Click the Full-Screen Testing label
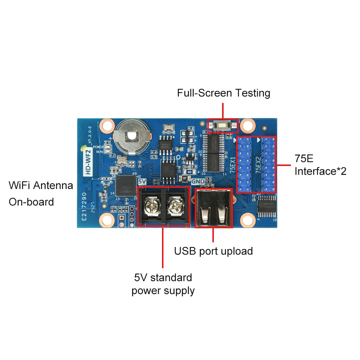tap(223, 93)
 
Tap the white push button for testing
tap(222, 126)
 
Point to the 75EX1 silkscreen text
tap(233, 165)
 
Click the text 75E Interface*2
tap(320, 165)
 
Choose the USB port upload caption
tap(213, 251)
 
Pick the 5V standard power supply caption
tap(163, 284)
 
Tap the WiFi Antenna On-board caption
tap(41, 193)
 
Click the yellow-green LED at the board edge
tap(83, 148)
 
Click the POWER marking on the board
tap(98, 147)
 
